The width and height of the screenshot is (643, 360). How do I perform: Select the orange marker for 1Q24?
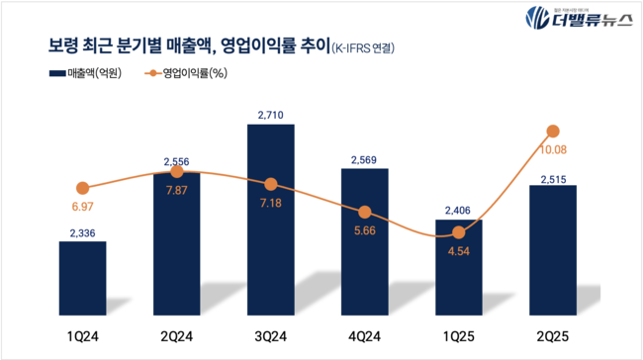point(82,188)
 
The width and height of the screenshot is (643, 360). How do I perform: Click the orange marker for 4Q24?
point(365,212)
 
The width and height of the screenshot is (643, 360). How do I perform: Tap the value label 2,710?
point(270,116)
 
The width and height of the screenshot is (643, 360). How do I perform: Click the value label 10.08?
point(553,150)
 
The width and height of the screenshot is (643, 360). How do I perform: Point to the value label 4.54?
point(459,251)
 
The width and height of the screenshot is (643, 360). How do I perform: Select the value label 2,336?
point(82,232)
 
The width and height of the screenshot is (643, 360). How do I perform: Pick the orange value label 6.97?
point(82,207)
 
